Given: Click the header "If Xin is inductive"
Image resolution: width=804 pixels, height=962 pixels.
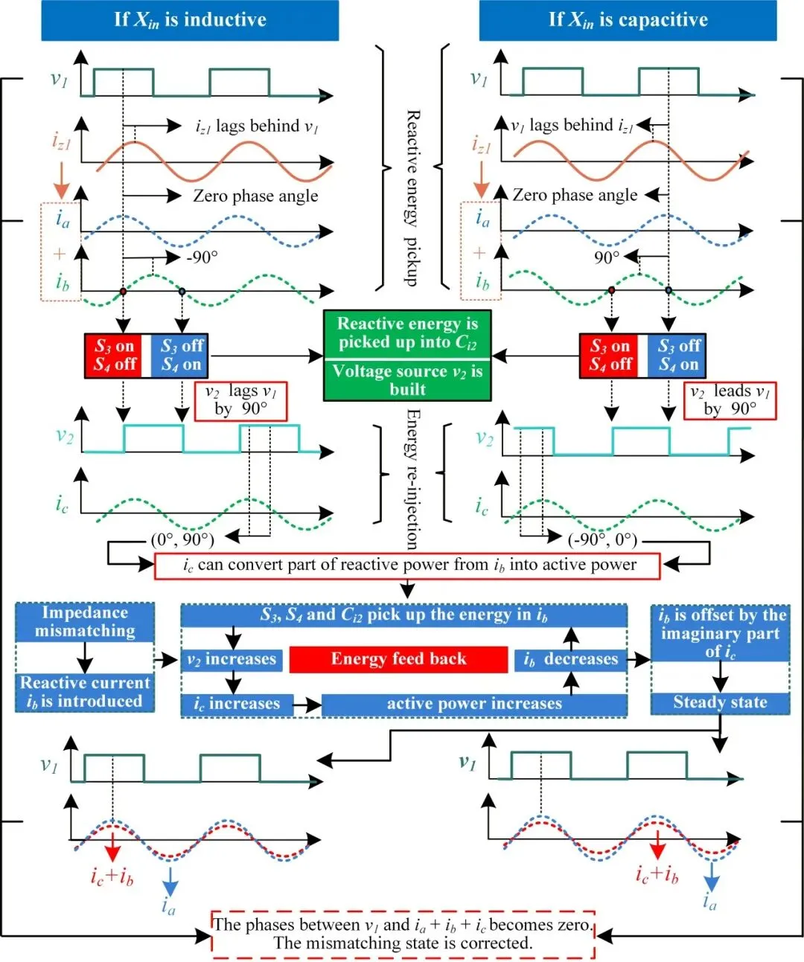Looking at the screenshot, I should pyautogui.click(x=190, y=20).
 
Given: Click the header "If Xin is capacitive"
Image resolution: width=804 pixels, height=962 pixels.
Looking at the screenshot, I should pyautogui.click(x=628, y=20).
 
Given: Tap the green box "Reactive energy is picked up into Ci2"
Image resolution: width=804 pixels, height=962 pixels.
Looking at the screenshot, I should pyautogui.click(x=407, y=333).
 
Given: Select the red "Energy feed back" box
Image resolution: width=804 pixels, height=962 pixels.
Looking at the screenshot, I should pyautogui.click(x=398, y=659).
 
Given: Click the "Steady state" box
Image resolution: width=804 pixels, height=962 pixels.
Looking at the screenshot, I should pyautogui.click(x=720, y=702).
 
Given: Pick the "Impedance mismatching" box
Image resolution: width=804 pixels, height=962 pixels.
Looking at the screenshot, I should pyautogui.click(x=85, y=622).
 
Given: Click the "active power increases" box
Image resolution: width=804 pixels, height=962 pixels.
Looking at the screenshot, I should pyautogui.click(x=473, y=704).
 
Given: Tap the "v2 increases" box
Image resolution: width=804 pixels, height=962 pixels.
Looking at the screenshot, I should pyautogui.click(x=232, y=659).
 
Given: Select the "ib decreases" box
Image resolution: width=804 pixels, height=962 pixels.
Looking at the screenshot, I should pyautogui.click(x=570, y=659).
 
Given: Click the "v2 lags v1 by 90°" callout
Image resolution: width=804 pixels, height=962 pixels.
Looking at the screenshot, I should pyautogui.click(x=240, y=400).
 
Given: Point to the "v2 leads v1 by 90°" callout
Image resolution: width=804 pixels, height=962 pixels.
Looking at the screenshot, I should pyautogui.click(x=730, y=400).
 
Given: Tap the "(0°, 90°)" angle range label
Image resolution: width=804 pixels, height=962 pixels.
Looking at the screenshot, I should pyautogui.click(x=182, y=539).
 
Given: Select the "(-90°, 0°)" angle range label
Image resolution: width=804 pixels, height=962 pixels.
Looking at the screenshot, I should pyautogui.click(x=602, y=539).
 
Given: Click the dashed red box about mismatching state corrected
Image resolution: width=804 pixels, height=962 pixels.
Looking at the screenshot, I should pyautogui.click(x=403, y=934).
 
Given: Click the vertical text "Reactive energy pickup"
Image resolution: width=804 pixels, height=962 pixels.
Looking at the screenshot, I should pyautogui.click(x=412, y=198).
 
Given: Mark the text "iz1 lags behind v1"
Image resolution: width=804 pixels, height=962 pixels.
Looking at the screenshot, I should pyautogui.click(x=257, y=126).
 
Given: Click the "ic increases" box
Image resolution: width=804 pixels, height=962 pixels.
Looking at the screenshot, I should pyautogui.click(x=237, y=704).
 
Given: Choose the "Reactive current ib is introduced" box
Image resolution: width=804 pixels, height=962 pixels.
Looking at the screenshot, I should pyautogui.click(x=85, y=692).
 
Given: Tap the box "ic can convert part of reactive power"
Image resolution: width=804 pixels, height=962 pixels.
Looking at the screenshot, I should pyautogui.click(x=407, y=565).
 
